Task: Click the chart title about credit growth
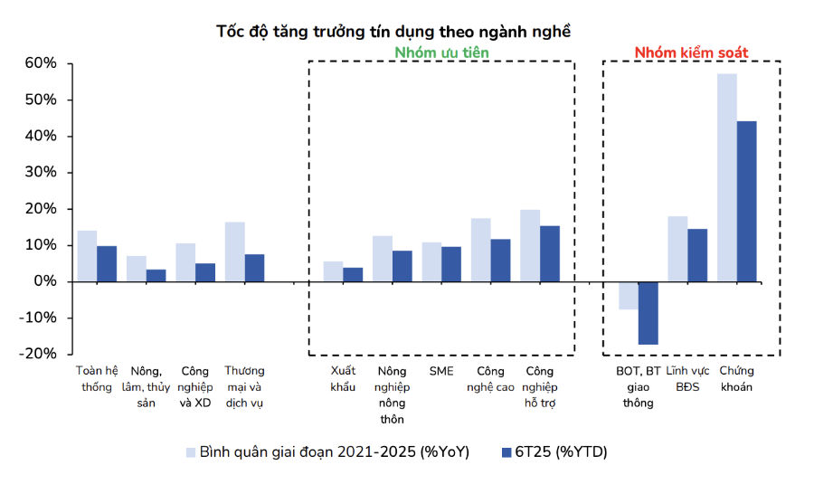[x=393, y=31]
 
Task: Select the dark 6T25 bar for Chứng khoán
[x=747, y=201]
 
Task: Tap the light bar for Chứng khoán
[x=727, y=177]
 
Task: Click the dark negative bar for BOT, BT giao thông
[x=648, y=313]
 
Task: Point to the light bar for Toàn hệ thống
[x=87, y=256]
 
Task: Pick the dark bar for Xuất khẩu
[x=353, y=274]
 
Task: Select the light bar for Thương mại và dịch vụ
[x=235, y=251]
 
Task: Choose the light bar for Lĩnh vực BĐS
[x=677, y=249]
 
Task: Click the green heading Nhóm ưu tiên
[x=441, y=52]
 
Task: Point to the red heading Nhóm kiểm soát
[x=691, y=52]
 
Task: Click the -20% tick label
[x=39, y=354]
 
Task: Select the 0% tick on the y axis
[x=45, y=281]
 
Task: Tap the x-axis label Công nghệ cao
[x=490, y=379]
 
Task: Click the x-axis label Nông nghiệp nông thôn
[x=393, y=394]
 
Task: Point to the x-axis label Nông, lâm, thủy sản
[x=147, y=386]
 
